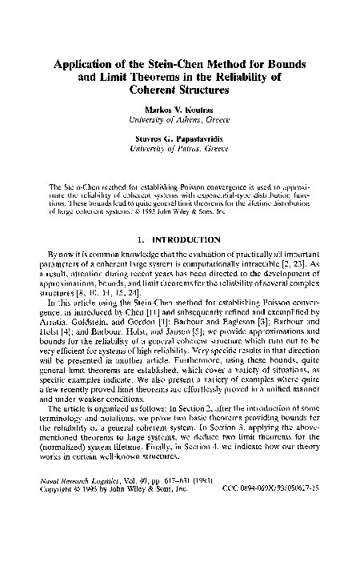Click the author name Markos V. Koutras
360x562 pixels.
tap(180, 110)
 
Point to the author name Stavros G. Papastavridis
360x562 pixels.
tap(180, 138)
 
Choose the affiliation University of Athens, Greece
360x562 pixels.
tap(180, 119)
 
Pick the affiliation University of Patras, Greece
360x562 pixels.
tap(180, 148)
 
